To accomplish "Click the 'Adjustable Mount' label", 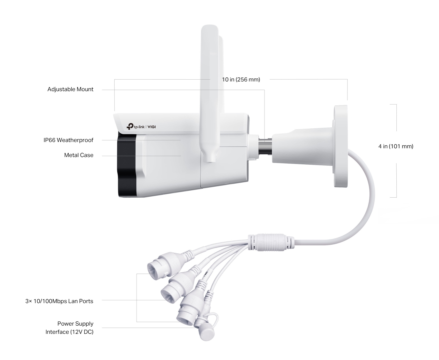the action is pyautogui.click(x=70, y=89).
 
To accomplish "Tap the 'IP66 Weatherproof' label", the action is pyautogui.click(x=68, y=140).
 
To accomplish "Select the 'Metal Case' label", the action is pyautogui.click(x=79, y=155).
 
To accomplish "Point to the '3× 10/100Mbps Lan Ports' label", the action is pyautogui.click(x=59, y=301).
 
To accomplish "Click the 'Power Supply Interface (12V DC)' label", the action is pyautogui.click(x=70, y=328).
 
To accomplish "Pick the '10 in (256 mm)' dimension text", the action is pyautogui.click(x=241, y=79).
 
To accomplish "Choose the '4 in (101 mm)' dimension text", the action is pyautogui.click(x=396, y=146).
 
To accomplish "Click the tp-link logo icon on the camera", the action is pyautogui.click(x=130, y=126).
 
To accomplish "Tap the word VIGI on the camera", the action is pyautogui.click(x=152, y=127).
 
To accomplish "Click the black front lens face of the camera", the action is pyautogui.click(x=127, y=165).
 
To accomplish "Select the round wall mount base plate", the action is pyautogui.click(x=340, y=146).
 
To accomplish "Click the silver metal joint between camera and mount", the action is pyautogui.click(x=265, y=147).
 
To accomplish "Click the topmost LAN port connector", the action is pyautogui.click(x=164, y=265).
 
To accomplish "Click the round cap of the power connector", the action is pyautogui.click(x=207, y=335).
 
